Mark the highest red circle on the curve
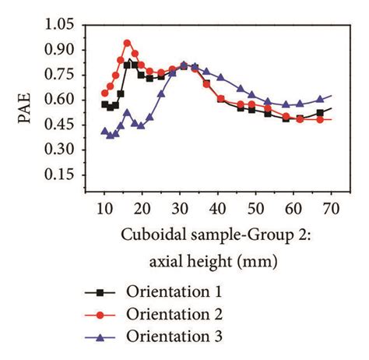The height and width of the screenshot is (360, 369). [128, 44]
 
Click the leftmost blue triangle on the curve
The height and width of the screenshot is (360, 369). [105, 132]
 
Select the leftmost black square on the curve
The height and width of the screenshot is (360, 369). [105, 104]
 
